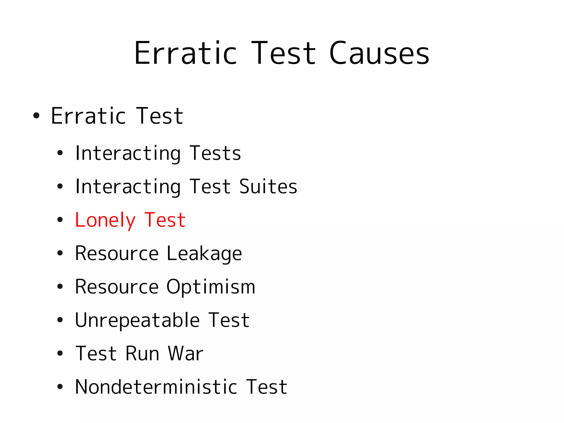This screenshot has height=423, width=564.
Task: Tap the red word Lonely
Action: click(x=105, y=220)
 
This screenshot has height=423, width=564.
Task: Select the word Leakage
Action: click(x=204, y=254)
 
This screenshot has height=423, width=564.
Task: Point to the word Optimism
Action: click(x=211, y=287)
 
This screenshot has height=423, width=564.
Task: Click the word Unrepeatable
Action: click(x=137, y=320)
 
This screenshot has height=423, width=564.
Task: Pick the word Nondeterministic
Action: click(x=156, y=387)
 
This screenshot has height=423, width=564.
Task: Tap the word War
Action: click(x=185, y=354)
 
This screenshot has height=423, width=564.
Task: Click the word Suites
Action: click(x=268, y=187)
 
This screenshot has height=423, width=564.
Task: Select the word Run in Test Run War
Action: click(x=142, y=354)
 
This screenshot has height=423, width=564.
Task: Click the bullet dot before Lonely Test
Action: click(x=60, y=220)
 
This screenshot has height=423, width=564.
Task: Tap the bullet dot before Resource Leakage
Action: click(x=60, y=253)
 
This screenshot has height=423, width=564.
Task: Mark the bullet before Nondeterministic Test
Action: click(x=60, y=387)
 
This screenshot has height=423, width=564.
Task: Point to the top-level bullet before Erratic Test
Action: click(x=36, y=115)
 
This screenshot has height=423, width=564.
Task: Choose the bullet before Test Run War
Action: click(x=60, y=353)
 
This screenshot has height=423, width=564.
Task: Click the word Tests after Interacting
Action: click(x=215, y=153)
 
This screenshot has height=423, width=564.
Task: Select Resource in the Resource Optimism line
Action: click(x=117, y=287)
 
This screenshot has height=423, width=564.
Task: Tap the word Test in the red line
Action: click(x=165, y=220)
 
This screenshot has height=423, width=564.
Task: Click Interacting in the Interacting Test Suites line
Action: click(x=128, y=187)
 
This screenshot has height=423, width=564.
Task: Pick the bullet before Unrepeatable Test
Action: click(x=60, y=320)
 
